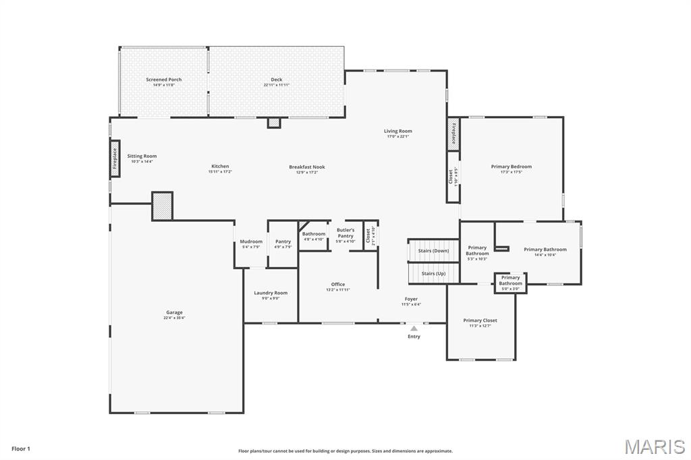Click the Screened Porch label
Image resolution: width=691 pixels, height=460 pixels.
click(x=164, y=80)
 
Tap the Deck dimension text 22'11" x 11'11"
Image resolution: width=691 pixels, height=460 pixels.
click(x=277, y=85)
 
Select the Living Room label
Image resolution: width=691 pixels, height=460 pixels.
click(x=398, y=131)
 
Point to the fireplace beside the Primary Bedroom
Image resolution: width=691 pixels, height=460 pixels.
click(x=453, y=134)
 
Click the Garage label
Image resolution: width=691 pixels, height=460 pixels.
click(x=174, y=312)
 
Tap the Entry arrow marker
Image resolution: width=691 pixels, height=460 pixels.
click(x=414, y=328)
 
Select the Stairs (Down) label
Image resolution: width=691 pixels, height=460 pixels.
click(x=433, y=251)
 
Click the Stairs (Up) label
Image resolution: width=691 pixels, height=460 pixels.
click(x=433, y=273)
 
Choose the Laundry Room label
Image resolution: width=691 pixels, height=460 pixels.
click(x=271, y=293)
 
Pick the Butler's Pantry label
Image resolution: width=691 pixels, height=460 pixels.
click(x=345, y=230)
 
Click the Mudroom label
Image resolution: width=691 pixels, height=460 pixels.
click(x=251, y=241)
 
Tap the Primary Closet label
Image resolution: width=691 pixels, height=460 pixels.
click(x=480, y=320)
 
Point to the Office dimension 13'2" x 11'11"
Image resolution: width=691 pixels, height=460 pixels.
click(x=338, y=290)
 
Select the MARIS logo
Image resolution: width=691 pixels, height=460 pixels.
click(x=655, y=447)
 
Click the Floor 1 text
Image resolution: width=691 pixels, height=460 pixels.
click(x=21, y=449)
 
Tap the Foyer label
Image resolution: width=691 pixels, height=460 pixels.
click(x=411, y=299)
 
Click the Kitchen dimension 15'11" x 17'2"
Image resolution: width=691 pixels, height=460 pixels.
click(x=220, y=172)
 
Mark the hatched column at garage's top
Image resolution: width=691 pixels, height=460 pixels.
click(x=162, y=206)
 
